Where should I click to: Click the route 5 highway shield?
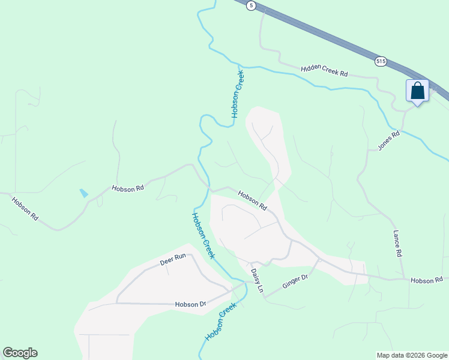coord(251,5)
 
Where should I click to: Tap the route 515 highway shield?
coord(381,61)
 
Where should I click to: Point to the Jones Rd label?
coord(388,141)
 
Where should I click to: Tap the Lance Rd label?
coord(397,244)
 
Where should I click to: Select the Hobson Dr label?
coord(190,304)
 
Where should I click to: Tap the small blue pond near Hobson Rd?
coord(83,193)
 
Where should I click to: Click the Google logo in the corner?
coord(20,353)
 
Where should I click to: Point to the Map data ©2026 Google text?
coord(411,355)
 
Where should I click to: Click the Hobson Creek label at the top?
coord(238,95)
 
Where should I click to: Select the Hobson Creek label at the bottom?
coord(221,322)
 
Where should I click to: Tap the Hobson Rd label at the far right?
coord(426,280)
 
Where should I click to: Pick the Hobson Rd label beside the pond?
coord(128,188)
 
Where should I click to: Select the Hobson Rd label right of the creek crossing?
coord(252,200)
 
